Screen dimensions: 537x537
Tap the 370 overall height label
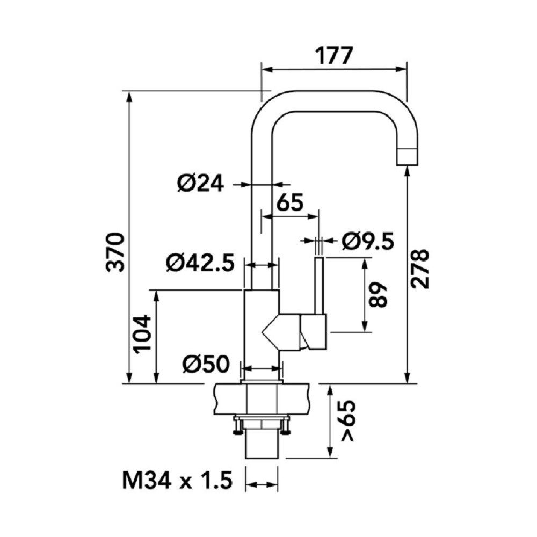115,252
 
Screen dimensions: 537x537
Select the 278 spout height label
419,269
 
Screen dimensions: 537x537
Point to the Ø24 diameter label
200,184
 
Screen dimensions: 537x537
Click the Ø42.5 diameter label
200,263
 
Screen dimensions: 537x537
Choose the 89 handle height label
378,295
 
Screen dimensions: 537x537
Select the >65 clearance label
348,420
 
